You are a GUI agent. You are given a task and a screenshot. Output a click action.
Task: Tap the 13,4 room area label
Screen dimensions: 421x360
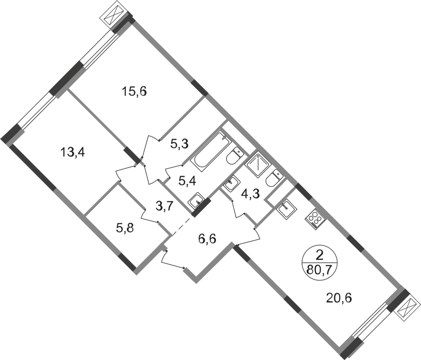[73, 152]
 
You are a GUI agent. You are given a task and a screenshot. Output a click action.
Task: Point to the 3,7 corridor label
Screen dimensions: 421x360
[164, 206]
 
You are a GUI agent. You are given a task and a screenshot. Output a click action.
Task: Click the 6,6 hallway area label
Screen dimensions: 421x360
[207, 239]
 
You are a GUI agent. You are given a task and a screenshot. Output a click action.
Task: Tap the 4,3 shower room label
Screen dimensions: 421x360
[250, 194]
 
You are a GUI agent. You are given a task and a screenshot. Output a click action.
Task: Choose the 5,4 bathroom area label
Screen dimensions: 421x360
[187, 181]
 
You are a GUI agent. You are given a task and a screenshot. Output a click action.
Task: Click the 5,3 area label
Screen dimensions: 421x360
[180, 144]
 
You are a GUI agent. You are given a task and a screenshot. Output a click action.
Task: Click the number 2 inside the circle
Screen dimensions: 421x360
[319, 255]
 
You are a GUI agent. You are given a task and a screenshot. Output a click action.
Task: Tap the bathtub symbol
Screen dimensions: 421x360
[210, 151]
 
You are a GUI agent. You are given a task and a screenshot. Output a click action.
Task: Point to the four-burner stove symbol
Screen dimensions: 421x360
[315, 219]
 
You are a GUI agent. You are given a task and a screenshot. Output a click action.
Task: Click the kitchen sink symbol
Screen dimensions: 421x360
[286, 209]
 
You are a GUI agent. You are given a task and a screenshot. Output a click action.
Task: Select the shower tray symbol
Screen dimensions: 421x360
[258, 165]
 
